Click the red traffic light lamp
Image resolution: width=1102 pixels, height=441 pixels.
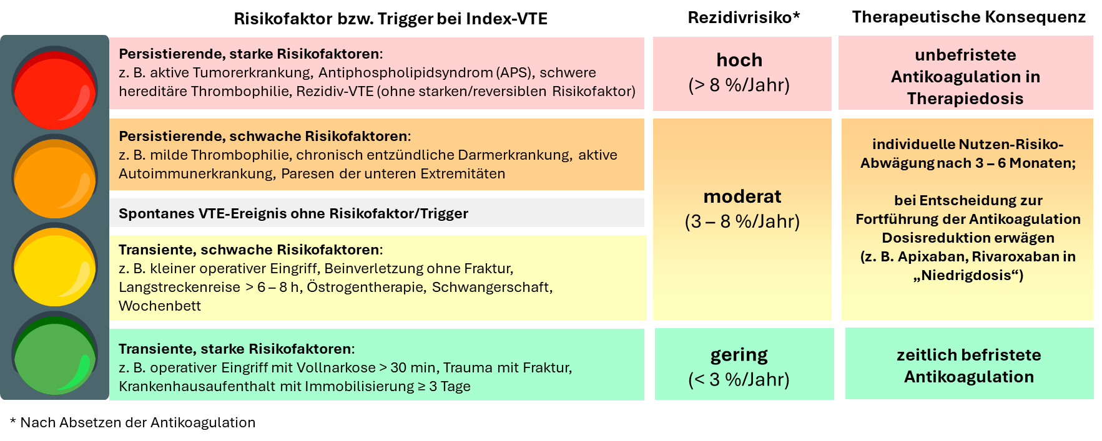tap(55, 89)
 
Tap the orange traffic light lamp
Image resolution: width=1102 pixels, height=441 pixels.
tap(55, 177)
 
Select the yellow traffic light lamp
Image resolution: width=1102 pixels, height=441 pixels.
tap(55, 266)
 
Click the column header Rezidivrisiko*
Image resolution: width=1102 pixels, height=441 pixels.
tap(744, 17)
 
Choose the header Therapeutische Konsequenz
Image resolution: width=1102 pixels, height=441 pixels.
tap(969, 17)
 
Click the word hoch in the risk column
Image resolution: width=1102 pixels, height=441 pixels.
tap(739, 60)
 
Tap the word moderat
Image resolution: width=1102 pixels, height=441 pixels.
tap(742, 196)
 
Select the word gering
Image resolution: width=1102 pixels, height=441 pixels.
tap(739, 356)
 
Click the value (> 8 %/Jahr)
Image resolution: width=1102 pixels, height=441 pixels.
tap(739, 85)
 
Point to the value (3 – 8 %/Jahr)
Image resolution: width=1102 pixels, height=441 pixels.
tap(742, 221)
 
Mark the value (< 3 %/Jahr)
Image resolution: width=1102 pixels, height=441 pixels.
tap(739, 379)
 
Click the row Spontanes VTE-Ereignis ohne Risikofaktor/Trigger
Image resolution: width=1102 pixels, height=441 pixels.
tap(293, 213)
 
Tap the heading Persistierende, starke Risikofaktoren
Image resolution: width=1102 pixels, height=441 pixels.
tap(250, 54)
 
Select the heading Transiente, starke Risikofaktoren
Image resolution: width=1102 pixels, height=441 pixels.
tap(237, 349)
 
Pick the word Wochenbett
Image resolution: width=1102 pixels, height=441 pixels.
tap(160, 306)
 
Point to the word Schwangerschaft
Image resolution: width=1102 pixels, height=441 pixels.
tap(492, 288)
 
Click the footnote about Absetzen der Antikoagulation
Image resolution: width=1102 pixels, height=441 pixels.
tap(133, 422)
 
